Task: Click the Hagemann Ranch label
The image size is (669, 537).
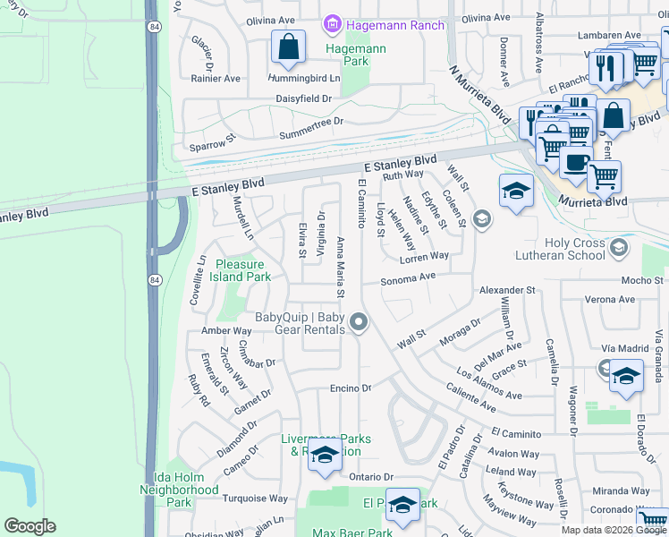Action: point(395,25)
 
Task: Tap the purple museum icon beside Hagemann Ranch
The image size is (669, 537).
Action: point(333,24)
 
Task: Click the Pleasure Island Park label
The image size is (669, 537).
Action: point(240,270)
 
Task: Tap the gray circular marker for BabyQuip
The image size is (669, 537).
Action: point(360,322)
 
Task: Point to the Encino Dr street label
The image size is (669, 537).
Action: point(350,388)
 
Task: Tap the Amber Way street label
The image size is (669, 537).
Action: point(226,331)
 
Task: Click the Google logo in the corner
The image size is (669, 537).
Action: point(30,526)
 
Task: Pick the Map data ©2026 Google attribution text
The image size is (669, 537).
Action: point(614,529)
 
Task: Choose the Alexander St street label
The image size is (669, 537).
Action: point(506,291)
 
